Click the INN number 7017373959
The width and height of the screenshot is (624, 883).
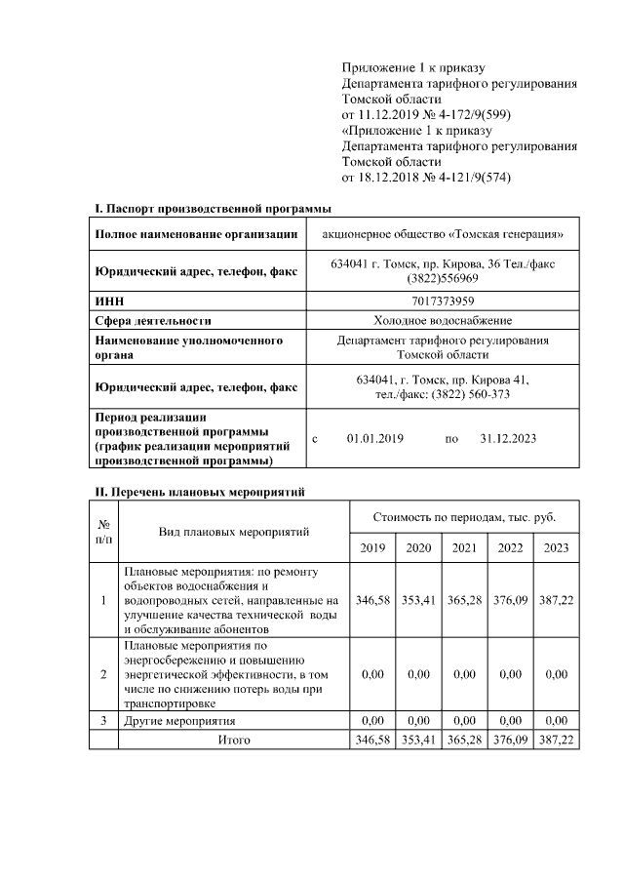pos(443,301)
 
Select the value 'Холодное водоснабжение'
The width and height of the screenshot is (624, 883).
pos(443,320)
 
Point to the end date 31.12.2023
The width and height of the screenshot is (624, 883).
pos(508,439)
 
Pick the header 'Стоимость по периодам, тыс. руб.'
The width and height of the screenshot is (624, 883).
pos(464,515)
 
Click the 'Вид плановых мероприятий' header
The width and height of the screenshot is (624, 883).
pos(233,532)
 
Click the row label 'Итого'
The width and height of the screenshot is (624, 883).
pos(233,740)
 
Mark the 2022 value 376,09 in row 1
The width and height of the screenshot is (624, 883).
pos(510,600)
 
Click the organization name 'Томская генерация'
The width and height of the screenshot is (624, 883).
pos(443,234)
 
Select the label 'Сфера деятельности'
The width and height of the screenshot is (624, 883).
pos(153,320)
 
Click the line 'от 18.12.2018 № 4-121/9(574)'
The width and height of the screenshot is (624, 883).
pos(426,178)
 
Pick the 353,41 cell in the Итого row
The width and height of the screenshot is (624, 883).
pos(418,740)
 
